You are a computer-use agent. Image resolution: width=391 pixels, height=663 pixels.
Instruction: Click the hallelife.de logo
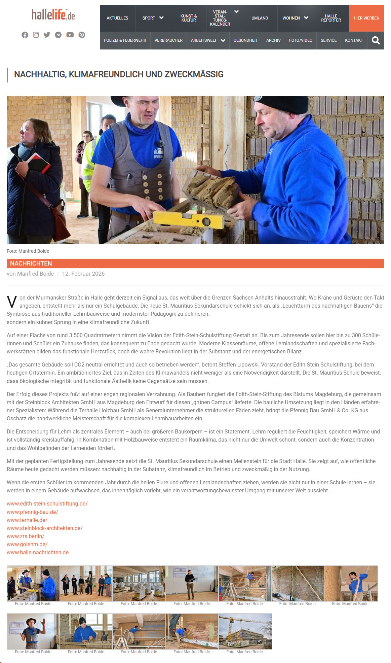pos(53,15)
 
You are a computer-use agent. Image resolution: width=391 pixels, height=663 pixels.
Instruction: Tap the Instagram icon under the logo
pos(36,35)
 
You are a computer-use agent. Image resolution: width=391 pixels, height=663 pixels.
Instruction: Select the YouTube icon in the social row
pos(70,35)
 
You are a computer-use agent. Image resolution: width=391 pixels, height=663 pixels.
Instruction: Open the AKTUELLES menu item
pos(117,18)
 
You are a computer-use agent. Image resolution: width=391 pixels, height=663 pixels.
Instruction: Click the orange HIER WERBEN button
pos(366,18)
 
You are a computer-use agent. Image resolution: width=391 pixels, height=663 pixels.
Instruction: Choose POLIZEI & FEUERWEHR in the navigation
pos(125,40)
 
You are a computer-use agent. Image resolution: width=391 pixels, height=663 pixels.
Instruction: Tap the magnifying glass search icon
pos(376,41)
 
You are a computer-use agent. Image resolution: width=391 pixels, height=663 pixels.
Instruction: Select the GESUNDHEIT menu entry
pos(245,40)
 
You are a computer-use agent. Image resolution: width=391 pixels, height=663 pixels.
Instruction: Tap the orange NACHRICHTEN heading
pos(31,264)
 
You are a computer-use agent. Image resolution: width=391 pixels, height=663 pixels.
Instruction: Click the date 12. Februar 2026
pos(83,274)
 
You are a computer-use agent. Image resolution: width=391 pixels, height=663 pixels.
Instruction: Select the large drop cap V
pos(12,302)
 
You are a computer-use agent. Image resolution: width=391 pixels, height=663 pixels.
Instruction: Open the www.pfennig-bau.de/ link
pos(32,512)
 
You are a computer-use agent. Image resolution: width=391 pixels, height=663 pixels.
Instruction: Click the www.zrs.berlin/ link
pos(26,536)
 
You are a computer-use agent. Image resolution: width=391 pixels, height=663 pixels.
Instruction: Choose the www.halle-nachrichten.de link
pos(38,552)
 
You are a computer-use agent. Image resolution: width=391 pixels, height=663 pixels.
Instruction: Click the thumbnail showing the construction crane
pos(245,631)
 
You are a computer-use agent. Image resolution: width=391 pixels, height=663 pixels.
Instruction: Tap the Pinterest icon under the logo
pos(82,35)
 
